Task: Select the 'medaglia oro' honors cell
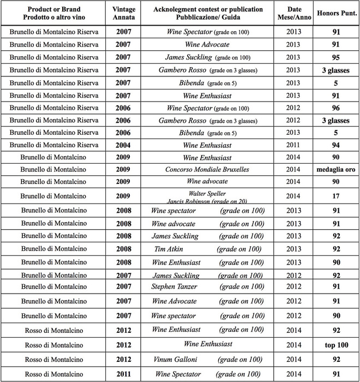click(336, 170)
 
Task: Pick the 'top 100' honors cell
click(336, 345)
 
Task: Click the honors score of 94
click(336, 145)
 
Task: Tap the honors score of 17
click(336, 196)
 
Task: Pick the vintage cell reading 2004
click(123, 145)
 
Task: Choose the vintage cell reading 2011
click(123, 374)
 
